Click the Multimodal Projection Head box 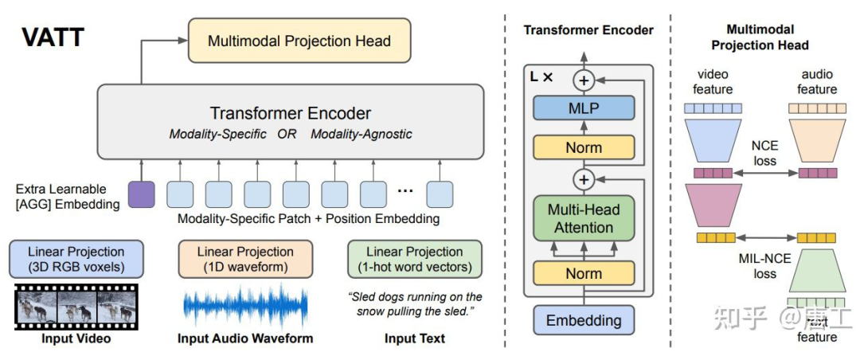(299, 41)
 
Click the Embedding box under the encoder (584, 321)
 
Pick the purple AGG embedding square (141, 195)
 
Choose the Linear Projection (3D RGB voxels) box (76, 258)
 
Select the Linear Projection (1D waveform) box (245, 258)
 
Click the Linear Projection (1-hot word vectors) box (414, 258)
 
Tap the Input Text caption (414, 338)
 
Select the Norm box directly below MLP (584, 147)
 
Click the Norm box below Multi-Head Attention (584, 273)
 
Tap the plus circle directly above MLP (584, 80)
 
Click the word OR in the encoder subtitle (287, 134)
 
